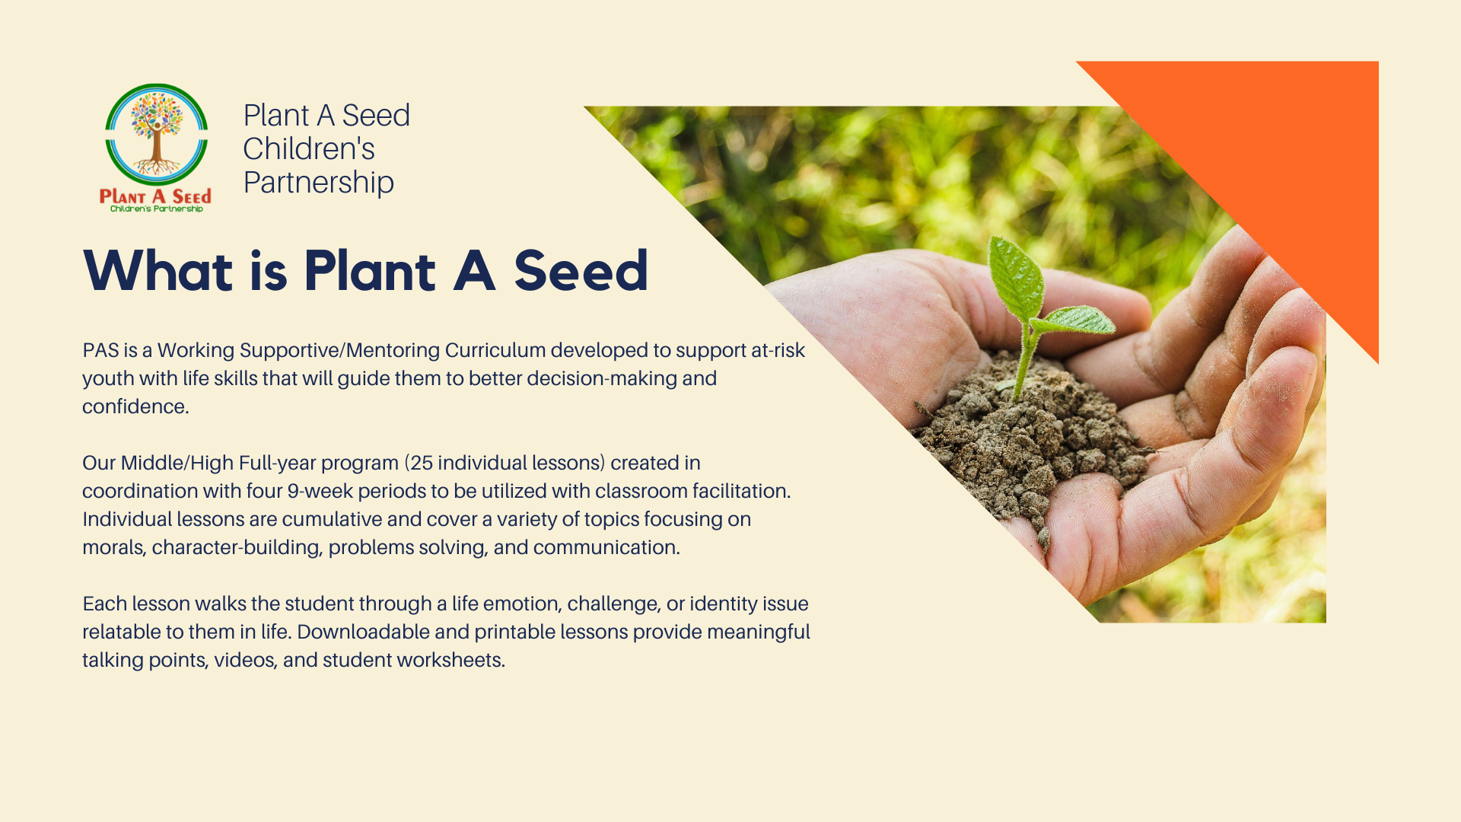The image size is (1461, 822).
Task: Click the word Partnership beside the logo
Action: [x=319, y=183]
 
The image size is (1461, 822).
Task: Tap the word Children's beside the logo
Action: [x=309, y=148]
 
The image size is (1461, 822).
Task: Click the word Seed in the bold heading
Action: [x=581, y=271]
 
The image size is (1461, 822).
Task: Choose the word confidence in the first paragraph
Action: [x=135, y=406]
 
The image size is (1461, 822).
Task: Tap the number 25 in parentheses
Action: [x=422, y=463]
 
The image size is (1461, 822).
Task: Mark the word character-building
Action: [x=236, y=547]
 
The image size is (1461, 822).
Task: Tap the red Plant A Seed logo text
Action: [x=155, y=197]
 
